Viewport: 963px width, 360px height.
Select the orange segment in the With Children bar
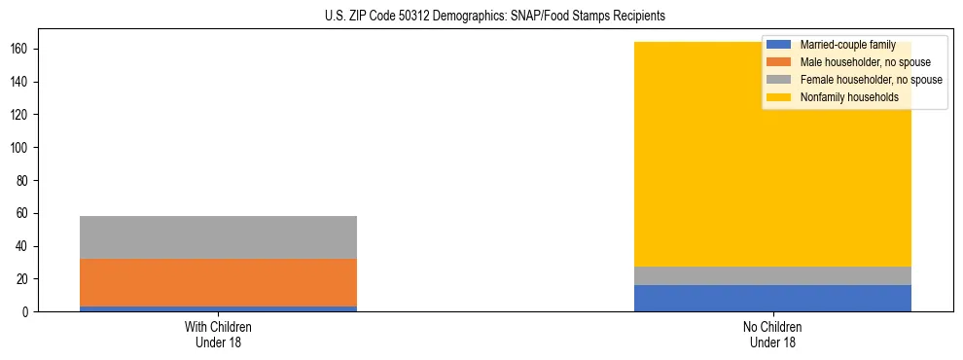[218, 282]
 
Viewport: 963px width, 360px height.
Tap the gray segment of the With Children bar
[218, 237]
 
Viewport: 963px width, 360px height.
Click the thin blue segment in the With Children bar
[218, 308]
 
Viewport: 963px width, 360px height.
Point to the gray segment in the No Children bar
[772, 275]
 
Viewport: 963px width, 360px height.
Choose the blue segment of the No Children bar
[772, 298]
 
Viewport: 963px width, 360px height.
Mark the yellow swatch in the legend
[779, 97]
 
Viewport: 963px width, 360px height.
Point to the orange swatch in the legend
[779, 62]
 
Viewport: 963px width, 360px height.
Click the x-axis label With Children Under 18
[218, 335]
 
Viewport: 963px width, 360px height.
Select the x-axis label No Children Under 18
[772, 335]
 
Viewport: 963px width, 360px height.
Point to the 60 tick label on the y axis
[21, 214]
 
